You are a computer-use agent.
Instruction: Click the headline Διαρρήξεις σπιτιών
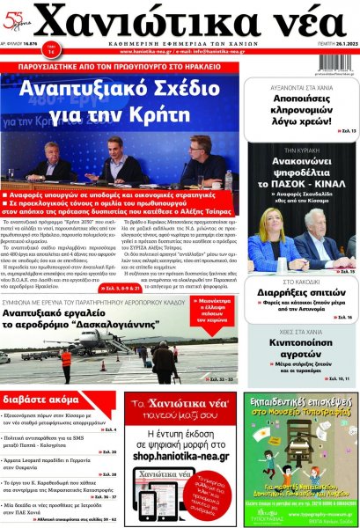pos(303,295)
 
